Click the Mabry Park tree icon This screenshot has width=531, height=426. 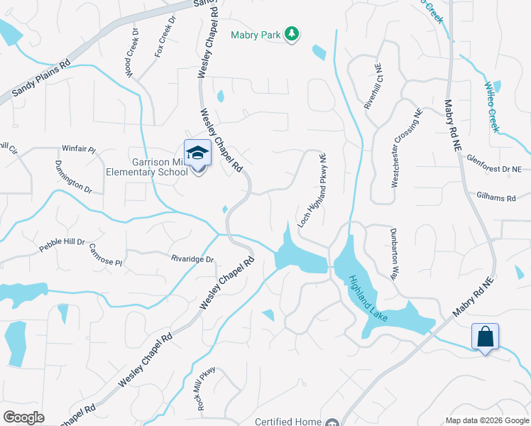click(x=291, y=34)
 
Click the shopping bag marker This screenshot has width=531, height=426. click(x=485, y=336)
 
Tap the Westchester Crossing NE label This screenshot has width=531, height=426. click(x=406, y=148)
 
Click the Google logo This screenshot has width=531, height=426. click(x=23, y=417)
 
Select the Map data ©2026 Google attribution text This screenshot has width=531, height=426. click(x=486, y=420)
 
